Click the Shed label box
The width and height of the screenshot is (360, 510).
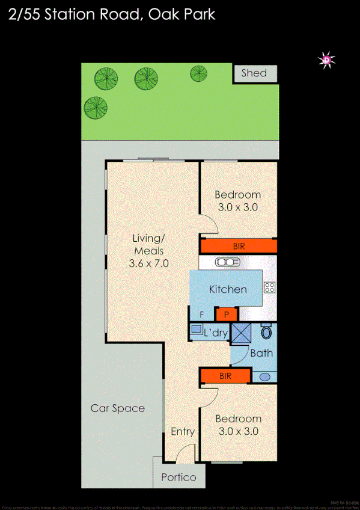pyautogui.click(x=254, y=73)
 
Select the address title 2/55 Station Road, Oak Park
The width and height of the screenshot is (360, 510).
pyautogui.click(x=113, y=14)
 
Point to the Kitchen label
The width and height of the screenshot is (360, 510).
pyautogui.click(x=227, y=289)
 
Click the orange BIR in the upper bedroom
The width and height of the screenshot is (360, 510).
pyautogui.click(x=239, y=246)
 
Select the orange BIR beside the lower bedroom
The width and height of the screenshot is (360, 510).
pyautogui.click(x=225, y=376)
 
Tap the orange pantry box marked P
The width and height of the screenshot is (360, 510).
pyautogui.click(x=227, y=314)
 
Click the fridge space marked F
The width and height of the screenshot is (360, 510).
pyautogui.click(x=202, y=314)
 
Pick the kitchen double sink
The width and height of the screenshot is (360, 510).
pyautogui.click(x=228, y=262)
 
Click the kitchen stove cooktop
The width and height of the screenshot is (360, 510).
pyautogui.click(x=269, y=287)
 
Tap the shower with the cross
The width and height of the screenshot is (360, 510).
pyautogui.click(x=241, y=333)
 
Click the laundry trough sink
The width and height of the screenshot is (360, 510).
pyautogui.click(x=197, y=329)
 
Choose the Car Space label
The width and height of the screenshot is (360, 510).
pyautogui.click(x=118, y=408)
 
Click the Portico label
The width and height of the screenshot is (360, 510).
pyautogui.click(x=178, y=478)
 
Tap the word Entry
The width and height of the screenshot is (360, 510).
pyautogui.click(x=182, y=432)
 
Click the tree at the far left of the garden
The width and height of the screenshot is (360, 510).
pyautogui.click(x=96, y=108)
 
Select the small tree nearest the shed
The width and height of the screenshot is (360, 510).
pyautogui.click(x=199, y=73)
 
